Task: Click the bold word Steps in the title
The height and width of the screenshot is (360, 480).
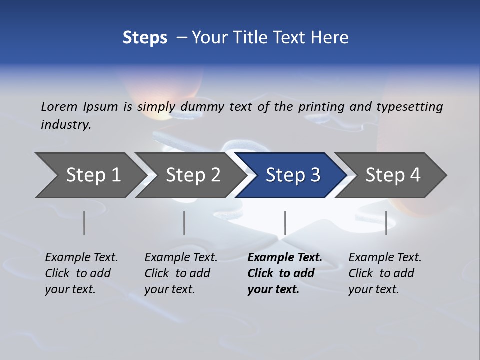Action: (x=145, y=37)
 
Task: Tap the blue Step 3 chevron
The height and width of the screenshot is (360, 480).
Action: (x=292, y=175)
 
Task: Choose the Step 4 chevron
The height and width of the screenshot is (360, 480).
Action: (x=392, y=175)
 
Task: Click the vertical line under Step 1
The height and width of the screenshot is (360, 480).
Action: (x=84, y=223)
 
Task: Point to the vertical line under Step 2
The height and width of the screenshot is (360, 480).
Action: (x=184, y=223)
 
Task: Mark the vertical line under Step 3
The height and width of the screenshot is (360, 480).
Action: (x=285, y=223)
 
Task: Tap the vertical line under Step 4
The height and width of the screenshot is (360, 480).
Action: (x=386, y=223)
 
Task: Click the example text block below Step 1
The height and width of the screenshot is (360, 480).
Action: (x=81, y=273)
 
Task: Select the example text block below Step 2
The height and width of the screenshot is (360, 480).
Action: (x=181, y=273)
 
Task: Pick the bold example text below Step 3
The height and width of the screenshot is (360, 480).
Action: (x=284, y=273)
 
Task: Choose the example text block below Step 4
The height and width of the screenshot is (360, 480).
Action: (x=385, y=273)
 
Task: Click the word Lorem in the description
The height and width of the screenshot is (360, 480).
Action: (x=59, y=106)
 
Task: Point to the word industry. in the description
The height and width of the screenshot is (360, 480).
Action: (x=66, y=124)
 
